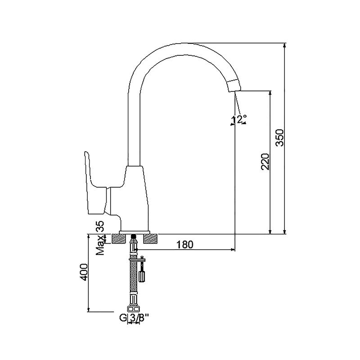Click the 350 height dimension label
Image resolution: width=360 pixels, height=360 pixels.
[279, 138]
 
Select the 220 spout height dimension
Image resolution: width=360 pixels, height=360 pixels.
[265, 162]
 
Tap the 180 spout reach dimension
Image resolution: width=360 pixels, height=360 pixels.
[185, 245]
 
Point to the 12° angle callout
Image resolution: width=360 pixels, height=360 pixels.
[239, 120]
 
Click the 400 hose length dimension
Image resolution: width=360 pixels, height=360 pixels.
[84, 272]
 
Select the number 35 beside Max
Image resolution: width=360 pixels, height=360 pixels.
[100, 227]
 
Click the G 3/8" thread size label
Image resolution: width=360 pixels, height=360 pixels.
[134, 318]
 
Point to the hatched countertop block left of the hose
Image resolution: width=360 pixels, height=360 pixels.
[118, 239]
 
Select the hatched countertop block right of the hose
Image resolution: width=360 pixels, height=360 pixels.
[150, 239]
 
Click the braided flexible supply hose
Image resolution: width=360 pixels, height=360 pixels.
[133, 278]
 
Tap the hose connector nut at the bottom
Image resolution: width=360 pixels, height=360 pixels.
[133, 308]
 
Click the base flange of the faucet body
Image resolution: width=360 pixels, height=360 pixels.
[134, 232]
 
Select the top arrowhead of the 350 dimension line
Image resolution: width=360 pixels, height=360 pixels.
[285, 45]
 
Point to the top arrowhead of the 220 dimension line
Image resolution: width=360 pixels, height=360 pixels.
[270, 93]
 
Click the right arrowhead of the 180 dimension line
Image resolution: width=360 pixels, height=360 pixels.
[233, 249]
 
